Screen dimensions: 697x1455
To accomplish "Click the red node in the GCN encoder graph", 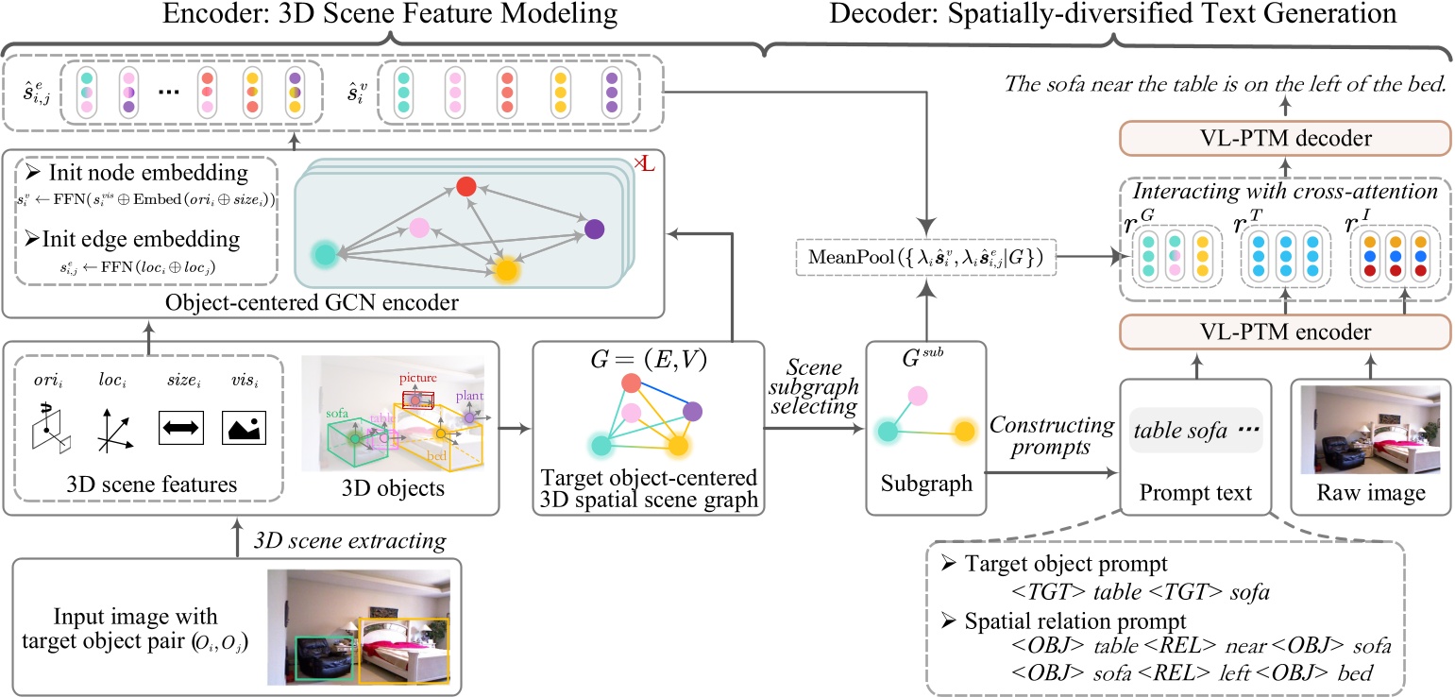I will click(465, 187).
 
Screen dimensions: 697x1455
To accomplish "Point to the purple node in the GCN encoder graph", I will click(594, 229).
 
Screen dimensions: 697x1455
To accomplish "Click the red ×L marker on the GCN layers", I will click(644, 165).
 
